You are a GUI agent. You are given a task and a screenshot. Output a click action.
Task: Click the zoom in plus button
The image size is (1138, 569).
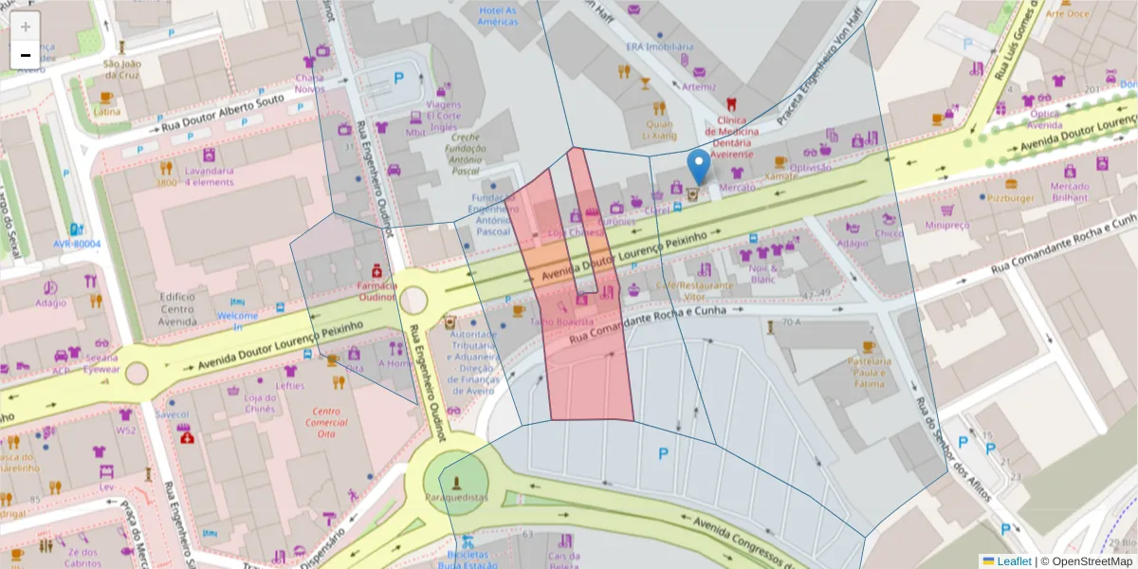point(26,27)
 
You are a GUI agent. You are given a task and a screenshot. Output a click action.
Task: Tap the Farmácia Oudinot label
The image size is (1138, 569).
point(376,291)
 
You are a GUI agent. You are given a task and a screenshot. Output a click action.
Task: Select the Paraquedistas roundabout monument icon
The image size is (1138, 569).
point(458,479)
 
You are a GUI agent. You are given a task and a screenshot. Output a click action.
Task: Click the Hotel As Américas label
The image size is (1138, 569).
point(498,16)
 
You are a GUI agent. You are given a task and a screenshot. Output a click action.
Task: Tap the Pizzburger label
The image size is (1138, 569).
point(1010,198)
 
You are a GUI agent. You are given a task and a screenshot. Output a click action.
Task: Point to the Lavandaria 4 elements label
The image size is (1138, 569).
point(210,176)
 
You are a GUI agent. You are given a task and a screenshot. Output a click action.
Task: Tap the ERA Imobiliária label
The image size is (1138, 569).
point(659,46)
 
